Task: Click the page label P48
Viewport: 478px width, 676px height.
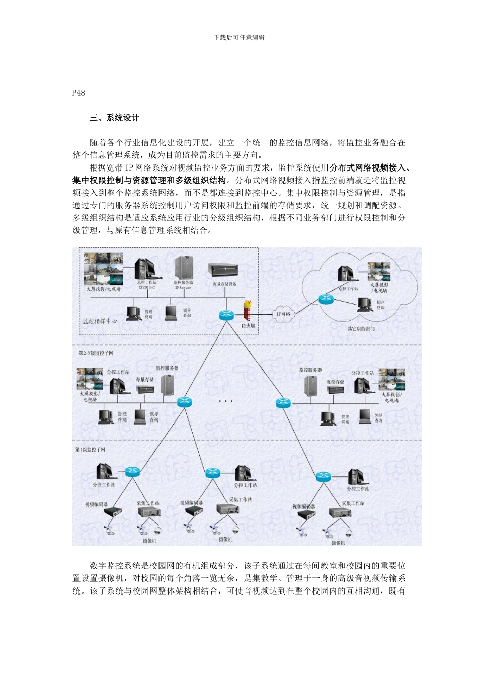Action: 78,93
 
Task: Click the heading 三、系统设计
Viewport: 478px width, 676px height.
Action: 114,118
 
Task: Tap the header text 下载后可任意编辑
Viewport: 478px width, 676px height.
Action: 239,37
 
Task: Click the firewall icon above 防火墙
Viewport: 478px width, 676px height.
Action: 248,311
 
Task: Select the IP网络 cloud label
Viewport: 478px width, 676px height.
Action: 283,314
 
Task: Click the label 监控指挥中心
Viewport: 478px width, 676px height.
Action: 100,321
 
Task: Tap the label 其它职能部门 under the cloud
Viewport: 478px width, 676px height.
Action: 361,329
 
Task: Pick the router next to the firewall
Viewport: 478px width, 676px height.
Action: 227,315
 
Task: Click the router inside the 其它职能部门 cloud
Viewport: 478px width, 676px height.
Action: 326,299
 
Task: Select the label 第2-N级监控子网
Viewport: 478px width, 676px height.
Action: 96,353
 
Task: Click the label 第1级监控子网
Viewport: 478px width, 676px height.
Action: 91,449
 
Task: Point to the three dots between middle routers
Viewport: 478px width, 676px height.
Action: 225,401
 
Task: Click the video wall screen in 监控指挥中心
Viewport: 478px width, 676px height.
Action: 103,269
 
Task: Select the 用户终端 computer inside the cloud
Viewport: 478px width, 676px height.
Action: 365,304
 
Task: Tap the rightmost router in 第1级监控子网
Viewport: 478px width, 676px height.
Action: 323,476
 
